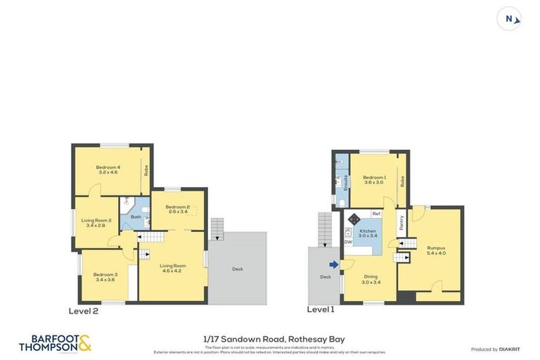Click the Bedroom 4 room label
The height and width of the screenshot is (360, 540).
[x=108, y=169]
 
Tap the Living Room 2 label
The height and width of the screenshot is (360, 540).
[x=96, y=222]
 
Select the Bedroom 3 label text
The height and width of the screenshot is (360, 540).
[x=105, y=276]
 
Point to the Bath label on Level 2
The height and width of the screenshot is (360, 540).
[x=136, y=217]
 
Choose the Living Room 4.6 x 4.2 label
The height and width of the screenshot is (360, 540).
[x=172, y=268]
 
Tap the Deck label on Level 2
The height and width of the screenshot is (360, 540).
[x=238, y=269]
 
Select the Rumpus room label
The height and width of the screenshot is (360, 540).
[x=436, y=250]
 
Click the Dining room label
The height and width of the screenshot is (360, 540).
[x=370, y=279]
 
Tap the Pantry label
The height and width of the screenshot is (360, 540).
[x=401, y=223]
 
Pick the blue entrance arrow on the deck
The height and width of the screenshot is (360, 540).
[x=333, y=264]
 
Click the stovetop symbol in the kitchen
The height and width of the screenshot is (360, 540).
[x=354, y=218]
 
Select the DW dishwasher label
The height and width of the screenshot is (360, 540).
[x=348, y=243]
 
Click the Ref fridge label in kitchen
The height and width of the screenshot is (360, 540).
[x=376, y=213]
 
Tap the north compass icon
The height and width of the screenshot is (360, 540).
[x=509, y=18]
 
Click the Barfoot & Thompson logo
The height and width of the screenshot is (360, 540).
[x=55, y=343]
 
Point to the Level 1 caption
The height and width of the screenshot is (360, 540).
[x=321, y=309]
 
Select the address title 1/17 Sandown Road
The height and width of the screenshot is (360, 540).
[x=269, y=339]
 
